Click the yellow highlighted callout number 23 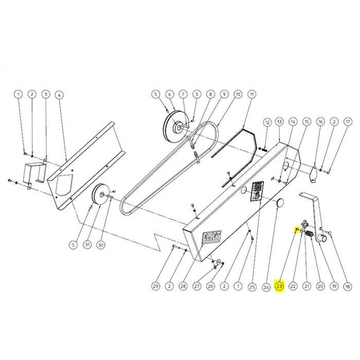pyautogui.click(x=280, y=286)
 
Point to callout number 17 pyautogui.click(x=347, y=122)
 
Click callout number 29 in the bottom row pyautogui.click(x=169, y=94)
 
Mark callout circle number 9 pyautogui.click(x=224, y=94)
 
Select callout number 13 pyautogui.click(x=280, y=122)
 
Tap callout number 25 pyautogui.click(x=252, y=286)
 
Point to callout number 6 pyautogui.click(x=169, y=94)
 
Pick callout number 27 pyautogui.click(x=198, y=286)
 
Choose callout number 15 pyautogui.click(x=307, y=122)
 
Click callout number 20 pyautogui.click(x=320, y=286)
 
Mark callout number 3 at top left pyautogui.click(x=46, y=94)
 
